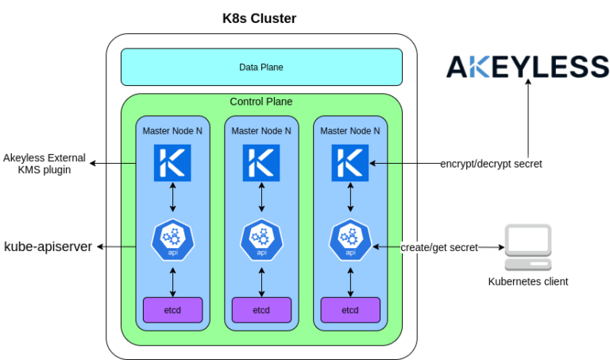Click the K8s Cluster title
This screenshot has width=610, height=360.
pos(261,18)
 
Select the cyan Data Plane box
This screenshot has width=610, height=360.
pos(261,67)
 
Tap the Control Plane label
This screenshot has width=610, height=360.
pos(261,102)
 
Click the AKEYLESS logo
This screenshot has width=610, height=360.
pos(527,67)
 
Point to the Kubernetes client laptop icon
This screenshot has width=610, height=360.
pos(527,248)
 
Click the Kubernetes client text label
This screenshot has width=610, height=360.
pos(527,281)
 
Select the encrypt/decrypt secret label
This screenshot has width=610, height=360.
pos(491,164)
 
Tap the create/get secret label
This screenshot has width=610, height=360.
pos(439,247)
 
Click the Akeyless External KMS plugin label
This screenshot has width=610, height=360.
pos(44,164)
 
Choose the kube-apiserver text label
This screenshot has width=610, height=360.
pos(48,247)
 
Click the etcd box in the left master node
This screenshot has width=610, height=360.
pos(172,308)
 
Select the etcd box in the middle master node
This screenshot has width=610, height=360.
pos(261,308)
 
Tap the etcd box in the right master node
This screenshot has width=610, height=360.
pos(350,308)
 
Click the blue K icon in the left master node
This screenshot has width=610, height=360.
pos(172,163)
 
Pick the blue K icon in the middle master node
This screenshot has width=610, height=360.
pos(261,163)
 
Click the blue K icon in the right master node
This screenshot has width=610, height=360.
pos(350,163)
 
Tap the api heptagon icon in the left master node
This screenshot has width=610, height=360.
pos(172,240)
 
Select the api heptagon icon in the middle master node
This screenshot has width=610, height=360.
pos(261,240)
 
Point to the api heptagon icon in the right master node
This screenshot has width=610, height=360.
pos(350,240)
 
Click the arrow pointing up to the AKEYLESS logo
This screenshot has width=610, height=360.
pos(527,119)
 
